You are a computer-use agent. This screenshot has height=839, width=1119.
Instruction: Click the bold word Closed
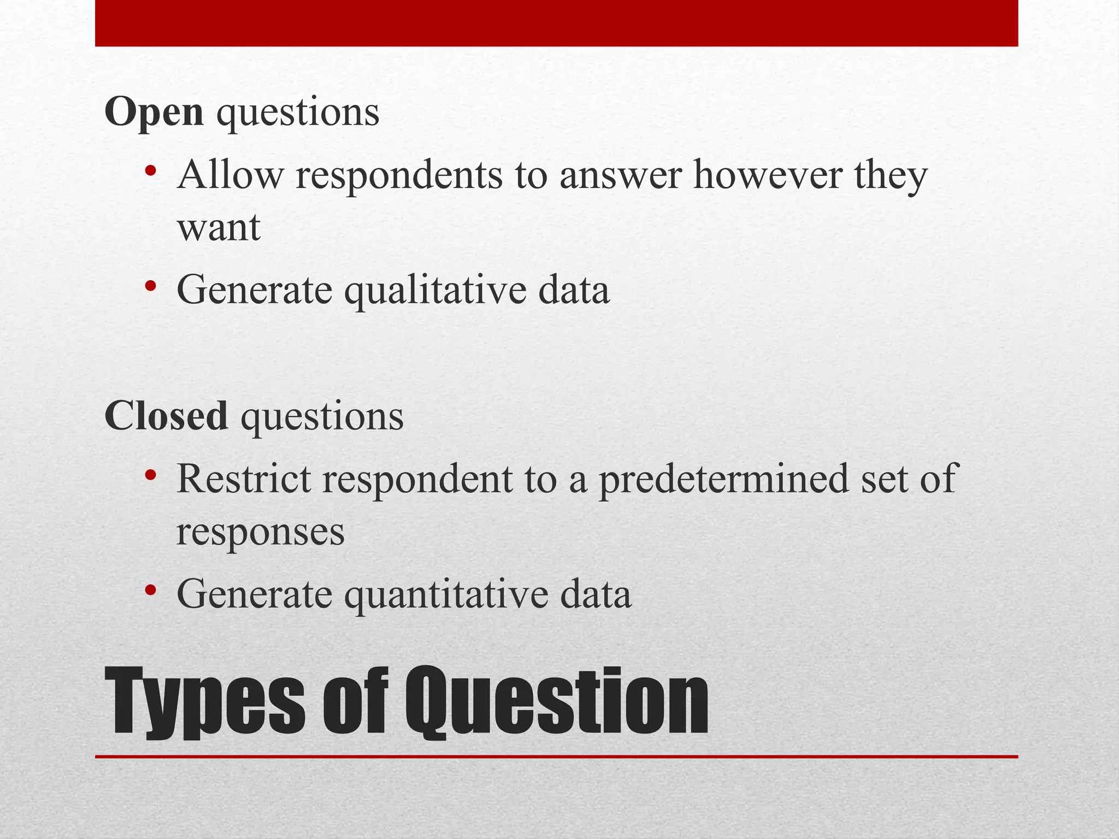[x=166, y=416]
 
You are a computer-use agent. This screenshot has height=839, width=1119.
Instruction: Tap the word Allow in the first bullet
[x=230, y=175]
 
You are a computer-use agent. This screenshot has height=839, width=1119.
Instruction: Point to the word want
[x=219, y=228]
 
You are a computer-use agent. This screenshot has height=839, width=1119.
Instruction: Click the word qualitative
[x=434, y=290]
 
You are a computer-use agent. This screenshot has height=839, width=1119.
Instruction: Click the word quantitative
[x=446, y=594]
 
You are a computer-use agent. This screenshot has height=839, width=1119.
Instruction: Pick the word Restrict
[x=243, y=479]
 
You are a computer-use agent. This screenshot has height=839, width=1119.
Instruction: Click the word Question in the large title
[x=556, y=702]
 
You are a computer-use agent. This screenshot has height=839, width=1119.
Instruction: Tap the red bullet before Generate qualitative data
[x=151, y=286]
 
